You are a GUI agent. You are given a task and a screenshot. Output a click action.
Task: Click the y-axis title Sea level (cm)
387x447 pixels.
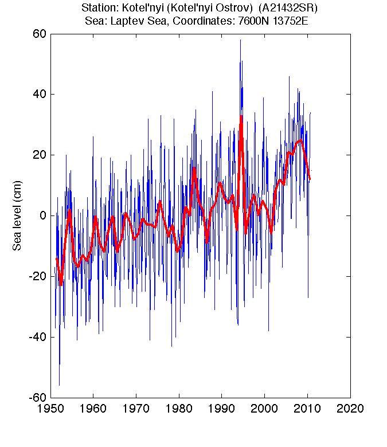pyautogui.click(x=17, y=216)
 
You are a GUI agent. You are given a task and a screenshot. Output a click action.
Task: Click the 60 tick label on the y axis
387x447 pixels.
pyautogui.click(x=38, y=33)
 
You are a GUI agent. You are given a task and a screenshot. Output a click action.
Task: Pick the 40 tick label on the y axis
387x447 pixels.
pyautogui.click(x=38, y=94)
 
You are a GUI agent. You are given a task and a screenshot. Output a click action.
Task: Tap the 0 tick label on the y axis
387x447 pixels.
pyautogui.click(x=42, y=215)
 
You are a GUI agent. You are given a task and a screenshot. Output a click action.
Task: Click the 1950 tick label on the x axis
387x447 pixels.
pyautogui.click(x=50, y=410)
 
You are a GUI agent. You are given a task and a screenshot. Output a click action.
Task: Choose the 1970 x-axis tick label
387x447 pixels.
pyautogui.click(x=136, y=410)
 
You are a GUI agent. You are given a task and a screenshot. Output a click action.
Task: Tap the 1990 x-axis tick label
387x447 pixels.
pyautogui.click(x=221, y=410)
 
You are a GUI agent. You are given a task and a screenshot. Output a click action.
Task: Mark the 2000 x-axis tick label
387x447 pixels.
pyautogui.click(x=264, y=410)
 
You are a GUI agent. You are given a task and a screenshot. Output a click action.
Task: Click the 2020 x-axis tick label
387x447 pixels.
pyautogui.click(x=350, y=410)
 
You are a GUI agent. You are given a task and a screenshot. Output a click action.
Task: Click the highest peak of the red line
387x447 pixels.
pyautogui.click(x=241, y=116)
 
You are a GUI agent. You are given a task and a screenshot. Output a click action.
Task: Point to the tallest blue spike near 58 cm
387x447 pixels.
pyautogui.click(x=241, y=40)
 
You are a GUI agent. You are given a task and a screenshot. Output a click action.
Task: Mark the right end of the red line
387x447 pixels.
pyautogui.click(x=310, y=179)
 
